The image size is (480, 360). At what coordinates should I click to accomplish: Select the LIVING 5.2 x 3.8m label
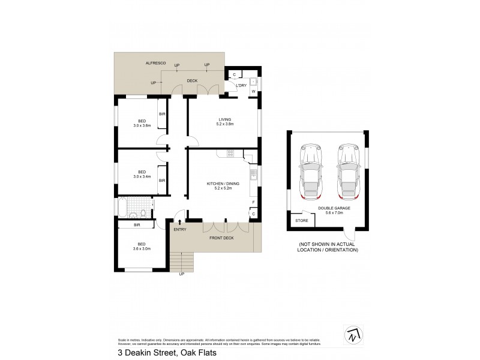[x=224, y=122]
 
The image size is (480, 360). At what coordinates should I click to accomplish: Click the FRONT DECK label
[x=221, y=238]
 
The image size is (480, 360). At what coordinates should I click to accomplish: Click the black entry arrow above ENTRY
[x=179, y=223]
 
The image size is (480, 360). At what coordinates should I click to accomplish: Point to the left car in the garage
[x=311, y=172]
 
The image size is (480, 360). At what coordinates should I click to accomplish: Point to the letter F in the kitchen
[x=254, y=202]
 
